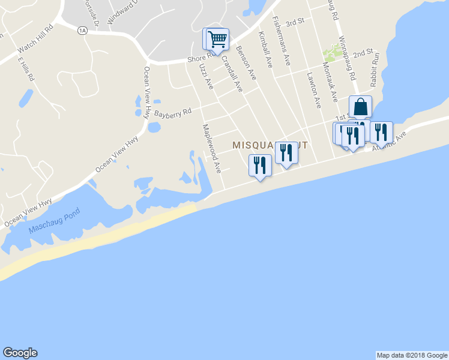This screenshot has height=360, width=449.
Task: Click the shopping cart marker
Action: tap(217, 39)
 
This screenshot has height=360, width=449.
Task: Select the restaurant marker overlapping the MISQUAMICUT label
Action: tap(286, 154)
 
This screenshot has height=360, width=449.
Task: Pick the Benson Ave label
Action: tap(246, 62)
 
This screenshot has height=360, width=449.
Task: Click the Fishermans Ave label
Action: tap(282, 49)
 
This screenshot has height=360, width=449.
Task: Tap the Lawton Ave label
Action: tap(314, 90)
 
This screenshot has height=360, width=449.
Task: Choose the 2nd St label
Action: tap(363, 53)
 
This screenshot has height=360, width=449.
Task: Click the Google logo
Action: tap(20, 353)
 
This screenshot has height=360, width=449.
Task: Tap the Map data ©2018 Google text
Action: tap(412, 355)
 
